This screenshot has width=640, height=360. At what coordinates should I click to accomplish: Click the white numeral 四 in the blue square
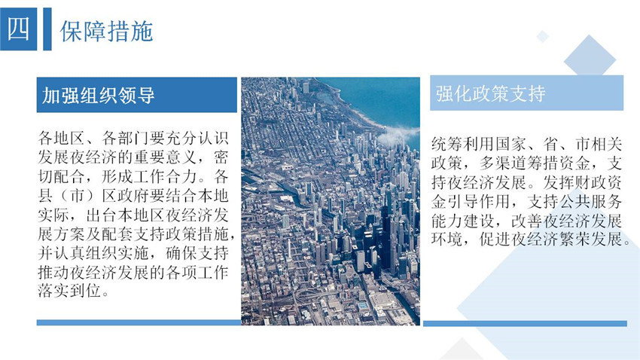(18, 29)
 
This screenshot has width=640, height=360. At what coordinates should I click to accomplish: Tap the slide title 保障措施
(106, 31)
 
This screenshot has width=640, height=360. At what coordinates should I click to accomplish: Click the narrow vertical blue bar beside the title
(47, 29)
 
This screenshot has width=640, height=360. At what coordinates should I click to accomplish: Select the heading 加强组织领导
(99, 95)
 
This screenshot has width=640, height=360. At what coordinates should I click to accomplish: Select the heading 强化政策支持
(490, 93)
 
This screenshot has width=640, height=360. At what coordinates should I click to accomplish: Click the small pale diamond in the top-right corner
(542, 36)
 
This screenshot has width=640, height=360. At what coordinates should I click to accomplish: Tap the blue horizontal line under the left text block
(139, 322)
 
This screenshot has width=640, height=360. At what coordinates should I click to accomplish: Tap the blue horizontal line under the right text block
(525, 323)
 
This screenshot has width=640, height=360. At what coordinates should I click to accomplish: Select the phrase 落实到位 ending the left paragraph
(69, 291)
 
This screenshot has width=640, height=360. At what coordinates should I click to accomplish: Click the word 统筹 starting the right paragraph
(447, 144)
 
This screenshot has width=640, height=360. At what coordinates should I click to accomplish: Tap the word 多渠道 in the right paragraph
(503, 163)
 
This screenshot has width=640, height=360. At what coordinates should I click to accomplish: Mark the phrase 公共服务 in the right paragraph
(590, 201)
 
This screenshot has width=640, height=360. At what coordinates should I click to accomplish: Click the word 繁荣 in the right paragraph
(574, 239)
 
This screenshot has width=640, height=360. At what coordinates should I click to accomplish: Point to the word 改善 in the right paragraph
(526, 221)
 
